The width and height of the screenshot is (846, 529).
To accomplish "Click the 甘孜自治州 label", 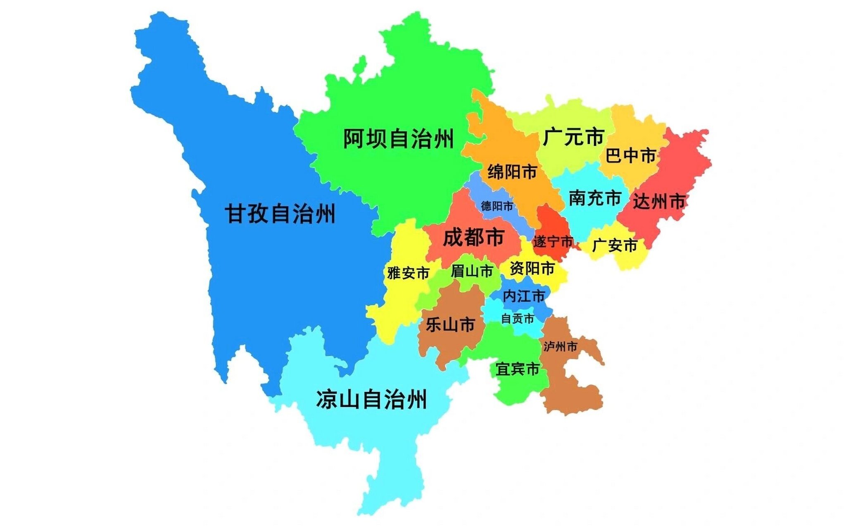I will [x=280, y=214].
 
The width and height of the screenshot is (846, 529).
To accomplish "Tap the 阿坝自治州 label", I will [x=399, y=138].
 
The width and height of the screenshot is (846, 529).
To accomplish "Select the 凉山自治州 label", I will [x=371, y=400].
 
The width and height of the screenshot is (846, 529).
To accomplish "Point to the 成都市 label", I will [x=473, y=237].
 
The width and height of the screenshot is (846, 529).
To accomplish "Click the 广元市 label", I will [x=573, y=137].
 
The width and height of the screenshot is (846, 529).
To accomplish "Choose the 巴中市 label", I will [x=631, y=156].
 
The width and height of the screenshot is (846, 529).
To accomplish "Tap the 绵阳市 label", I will [x=512, y=172].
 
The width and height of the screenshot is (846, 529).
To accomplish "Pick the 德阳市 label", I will [x=497, y=206].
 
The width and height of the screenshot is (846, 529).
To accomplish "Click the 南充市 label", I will [x=595, y=198].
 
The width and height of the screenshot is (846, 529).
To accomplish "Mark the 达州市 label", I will [x=659, y=202].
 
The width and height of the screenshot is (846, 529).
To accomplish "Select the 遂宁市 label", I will [x=553, y=241].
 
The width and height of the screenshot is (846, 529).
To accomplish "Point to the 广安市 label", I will [x=614, y=245].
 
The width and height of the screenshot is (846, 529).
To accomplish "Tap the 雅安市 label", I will [x=408, y=273].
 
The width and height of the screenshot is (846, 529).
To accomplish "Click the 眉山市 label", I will [x=472, y=271].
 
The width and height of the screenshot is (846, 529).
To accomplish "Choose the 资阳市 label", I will [x=532, y=269].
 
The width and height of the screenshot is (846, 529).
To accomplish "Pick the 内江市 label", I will [x=524, y=296].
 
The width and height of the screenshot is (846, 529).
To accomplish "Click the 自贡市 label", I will [x=518, y=318].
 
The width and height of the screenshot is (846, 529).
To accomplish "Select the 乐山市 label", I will [x=450, y=325].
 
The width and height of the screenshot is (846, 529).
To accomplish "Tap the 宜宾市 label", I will [x=518, y=369].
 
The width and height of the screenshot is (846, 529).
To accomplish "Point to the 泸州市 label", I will [x=560, y=346].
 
